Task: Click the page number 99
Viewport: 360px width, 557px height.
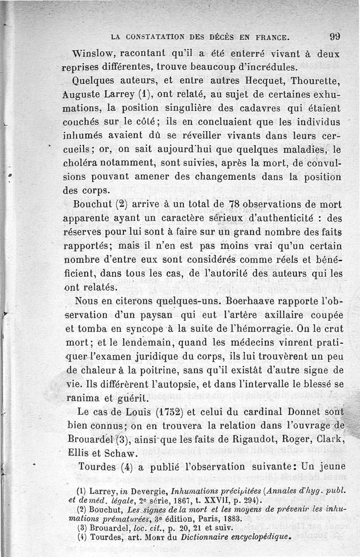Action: [334, 36]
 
